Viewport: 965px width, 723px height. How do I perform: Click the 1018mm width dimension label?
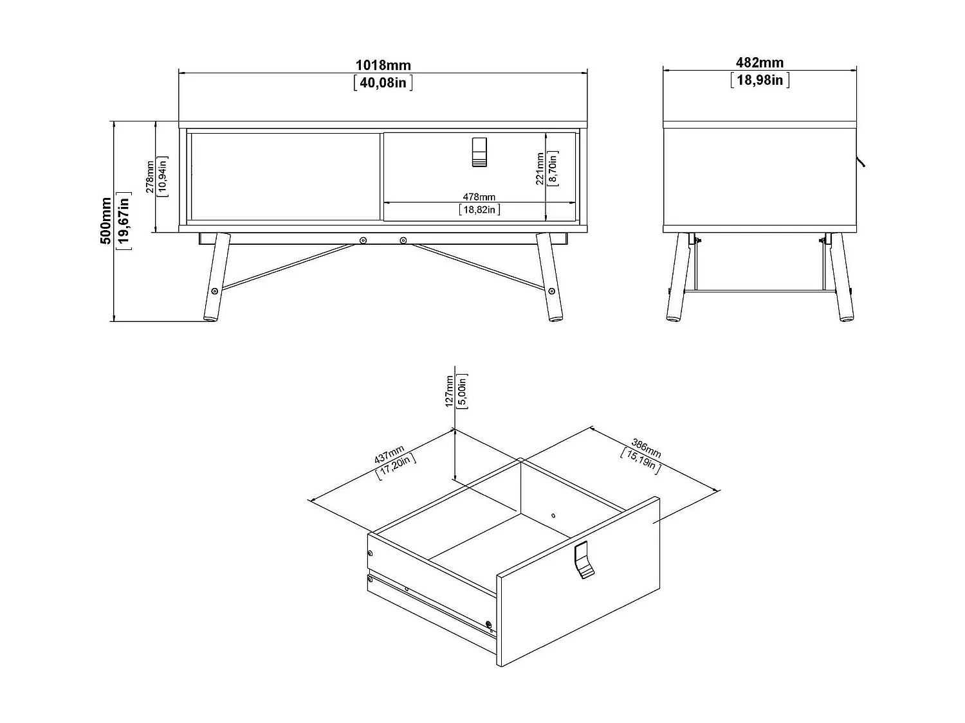pos(383,65)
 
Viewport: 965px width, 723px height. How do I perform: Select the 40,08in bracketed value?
pos(383,82)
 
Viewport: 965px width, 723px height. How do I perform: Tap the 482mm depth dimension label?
pos(760,62)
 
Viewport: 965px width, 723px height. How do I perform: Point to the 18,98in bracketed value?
pos(760,80)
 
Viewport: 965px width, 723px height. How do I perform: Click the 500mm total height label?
pos(106,220)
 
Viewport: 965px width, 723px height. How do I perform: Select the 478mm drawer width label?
pos(479,197)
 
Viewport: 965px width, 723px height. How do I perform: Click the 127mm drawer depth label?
pos(450,392)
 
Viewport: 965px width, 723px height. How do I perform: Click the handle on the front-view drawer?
pos(479,153)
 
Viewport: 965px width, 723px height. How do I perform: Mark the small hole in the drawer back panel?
pos(553,515)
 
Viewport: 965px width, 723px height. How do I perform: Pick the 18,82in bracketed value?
pos(479,210)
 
